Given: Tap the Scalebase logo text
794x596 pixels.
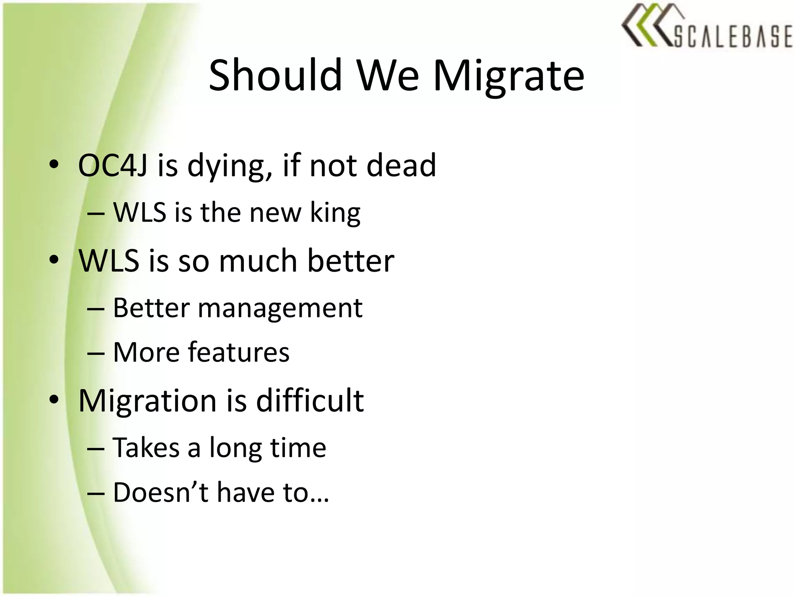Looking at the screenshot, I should point(733,36).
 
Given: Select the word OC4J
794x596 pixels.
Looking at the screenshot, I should point(112,165).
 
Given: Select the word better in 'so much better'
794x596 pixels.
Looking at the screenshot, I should point(351,260).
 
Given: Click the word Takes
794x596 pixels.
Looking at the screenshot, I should point(146,448).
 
